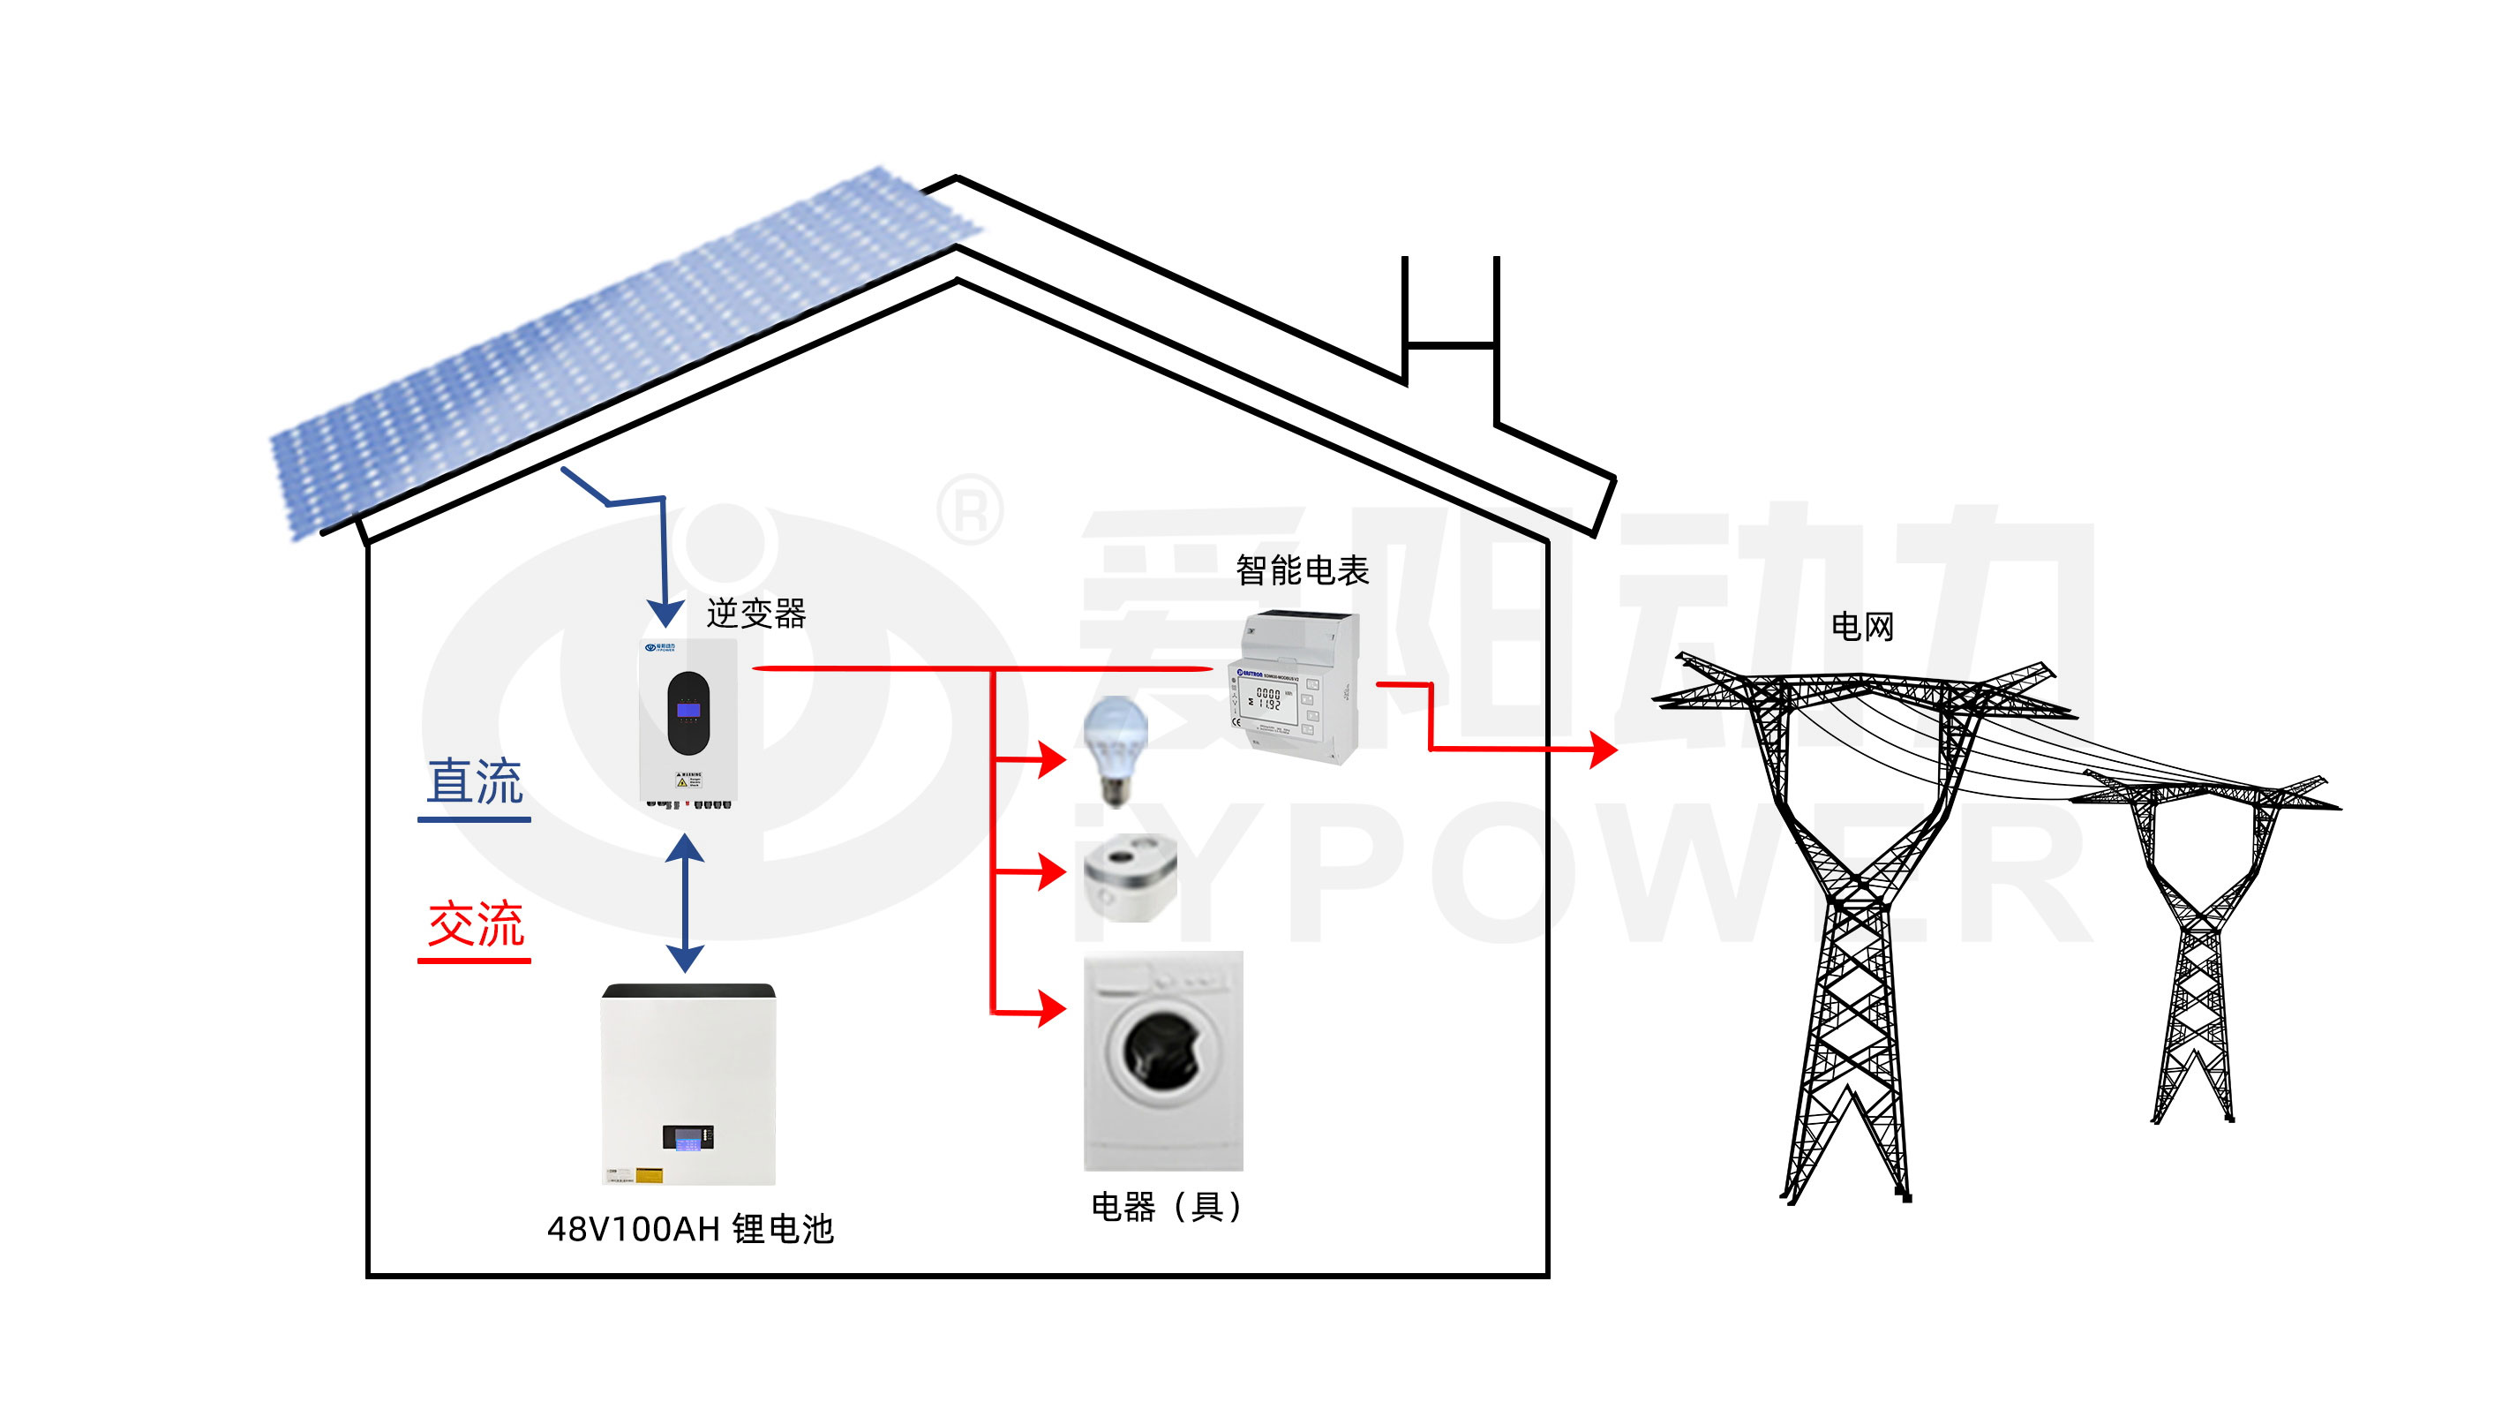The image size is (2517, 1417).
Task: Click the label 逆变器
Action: pos(755,614)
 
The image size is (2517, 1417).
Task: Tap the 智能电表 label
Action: pos(1302,570)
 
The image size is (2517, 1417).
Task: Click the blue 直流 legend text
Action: pos(475,782)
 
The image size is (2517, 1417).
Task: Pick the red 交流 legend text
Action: pos(476,923)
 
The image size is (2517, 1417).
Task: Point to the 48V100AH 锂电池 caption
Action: pos(690,1228)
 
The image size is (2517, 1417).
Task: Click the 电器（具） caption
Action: pos(1166,1207)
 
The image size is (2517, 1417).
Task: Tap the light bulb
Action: pos(1116,749)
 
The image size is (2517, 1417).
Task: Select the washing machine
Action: pos(1163,1060)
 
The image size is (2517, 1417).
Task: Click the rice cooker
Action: pos(1131,877)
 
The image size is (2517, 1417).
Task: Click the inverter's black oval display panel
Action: pos(687,713)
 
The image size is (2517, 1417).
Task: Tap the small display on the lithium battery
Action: pos(687,1137)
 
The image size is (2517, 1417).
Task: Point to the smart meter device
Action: pos(1294,687)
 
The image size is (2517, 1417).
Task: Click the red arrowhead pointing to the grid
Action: pos(1603,750)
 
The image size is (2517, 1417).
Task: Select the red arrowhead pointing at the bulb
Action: pos(1051,758)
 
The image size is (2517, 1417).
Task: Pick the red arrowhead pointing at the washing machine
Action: pos(1051,1008)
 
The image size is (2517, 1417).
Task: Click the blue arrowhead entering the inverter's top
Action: pos(665,613)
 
